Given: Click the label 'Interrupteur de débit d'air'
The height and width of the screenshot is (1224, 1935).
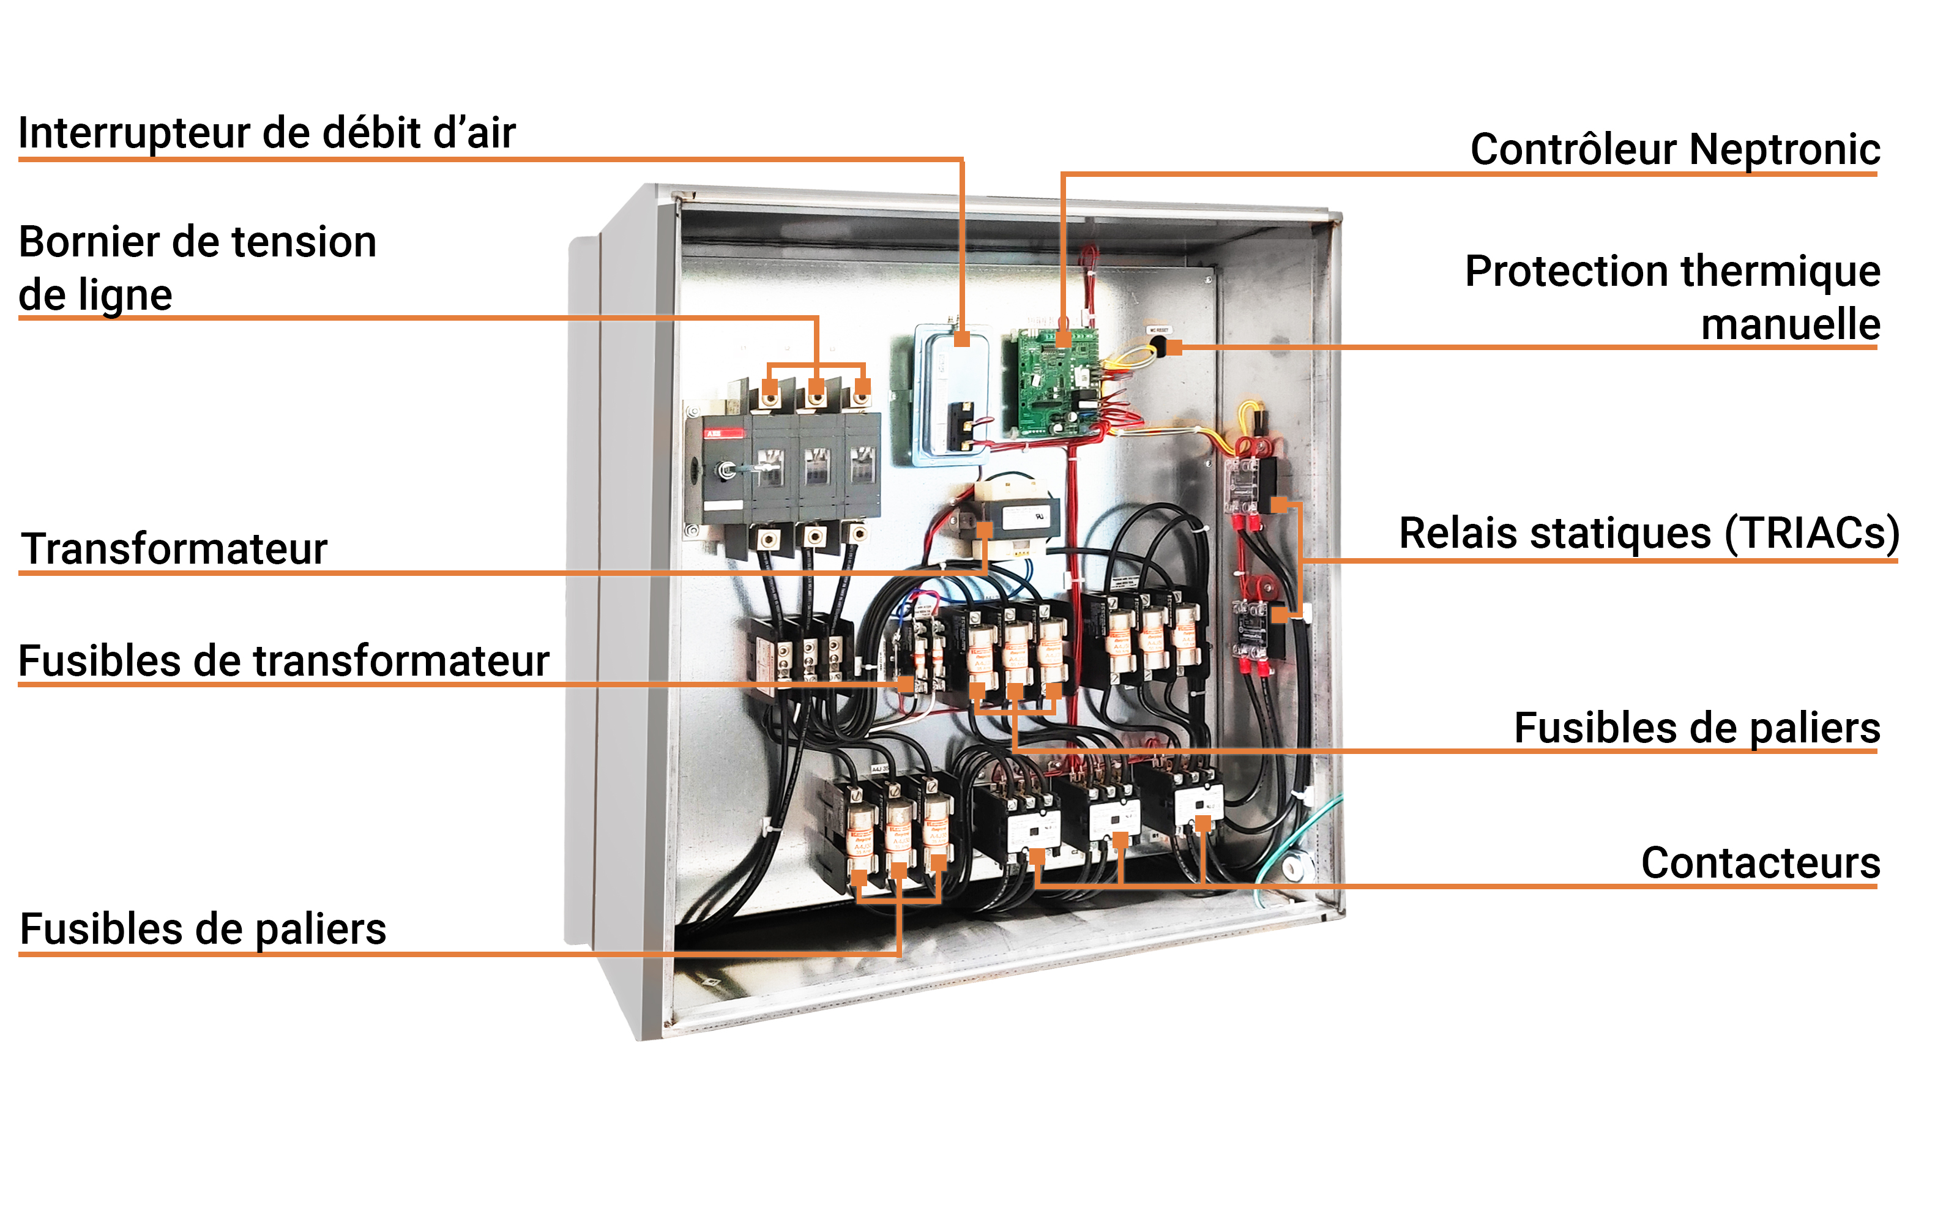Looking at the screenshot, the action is [x=267, y=133].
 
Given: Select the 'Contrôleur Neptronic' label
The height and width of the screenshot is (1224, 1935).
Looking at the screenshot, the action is [x=1675, y=149].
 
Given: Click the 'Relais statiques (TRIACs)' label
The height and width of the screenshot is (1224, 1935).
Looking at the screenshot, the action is [x=1649, y=533].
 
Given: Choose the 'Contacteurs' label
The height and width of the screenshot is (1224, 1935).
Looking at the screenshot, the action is [x=1761, y=862].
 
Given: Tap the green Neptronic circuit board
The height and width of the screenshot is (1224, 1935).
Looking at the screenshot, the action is [x=1052, y=381].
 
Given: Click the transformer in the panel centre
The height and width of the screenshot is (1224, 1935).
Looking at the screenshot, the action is [x=1014, y=518].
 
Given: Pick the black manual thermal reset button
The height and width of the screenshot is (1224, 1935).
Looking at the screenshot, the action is [x=1158, y=346].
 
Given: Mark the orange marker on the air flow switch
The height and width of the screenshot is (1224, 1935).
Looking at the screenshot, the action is [x=962, y=339].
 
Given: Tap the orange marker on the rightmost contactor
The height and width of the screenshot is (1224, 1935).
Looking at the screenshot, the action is [x=1203, y=824].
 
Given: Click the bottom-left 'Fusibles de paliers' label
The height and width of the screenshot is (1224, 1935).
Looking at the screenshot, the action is [x=203, y=928].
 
